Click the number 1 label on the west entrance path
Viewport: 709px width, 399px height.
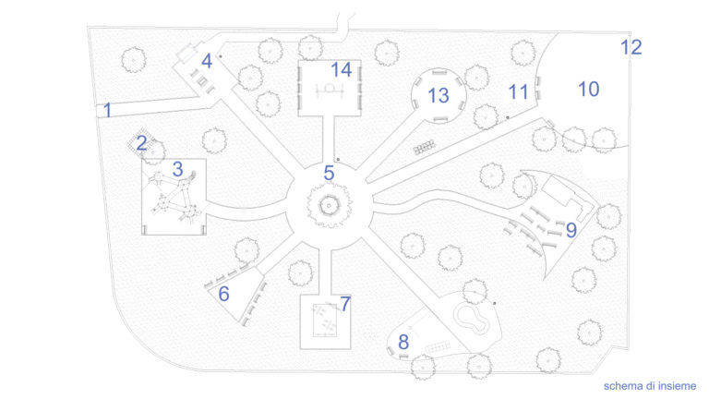107,110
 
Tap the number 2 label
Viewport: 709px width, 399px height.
141,143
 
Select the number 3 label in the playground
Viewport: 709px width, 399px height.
177,169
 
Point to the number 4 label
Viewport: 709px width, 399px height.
207,61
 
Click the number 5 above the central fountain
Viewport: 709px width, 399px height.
329,174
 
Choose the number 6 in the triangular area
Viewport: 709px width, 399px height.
223,294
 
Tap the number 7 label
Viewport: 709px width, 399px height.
345,305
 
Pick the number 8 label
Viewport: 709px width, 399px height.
403,343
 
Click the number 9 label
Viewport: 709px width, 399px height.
571,230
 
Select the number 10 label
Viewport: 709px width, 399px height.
589,90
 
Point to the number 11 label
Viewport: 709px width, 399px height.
518,92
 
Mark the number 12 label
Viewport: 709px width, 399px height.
631,47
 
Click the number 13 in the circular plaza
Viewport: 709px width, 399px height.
439,96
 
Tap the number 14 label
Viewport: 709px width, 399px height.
341,70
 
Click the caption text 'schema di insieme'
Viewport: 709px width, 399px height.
650,386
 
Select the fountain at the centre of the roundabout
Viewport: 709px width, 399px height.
329,206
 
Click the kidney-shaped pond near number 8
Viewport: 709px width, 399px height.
472,318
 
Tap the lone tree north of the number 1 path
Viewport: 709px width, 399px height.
134,60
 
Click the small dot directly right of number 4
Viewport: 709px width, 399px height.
221,56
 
